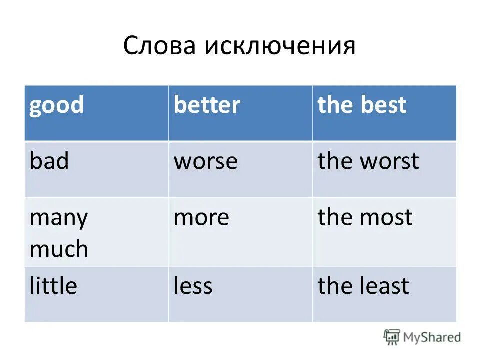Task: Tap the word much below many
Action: point(59,248)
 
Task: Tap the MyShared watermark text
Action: point(432,337)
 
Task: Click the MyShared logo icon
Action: point(391,337)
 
